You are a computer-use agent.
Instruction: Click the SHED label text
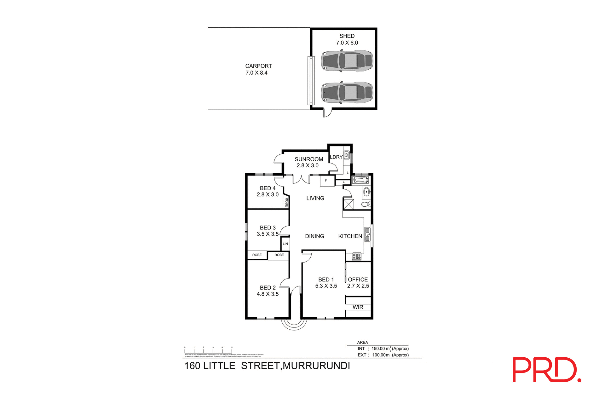click(347, 36)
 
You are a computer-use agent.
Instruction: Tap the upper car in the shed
click(347, 60)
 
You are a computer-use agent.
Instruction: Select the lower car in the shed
click(347, 93)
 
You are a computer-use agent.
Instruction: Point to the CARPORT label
click(258, 66)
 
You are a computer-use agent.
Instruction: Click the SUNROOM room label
click(309, 159)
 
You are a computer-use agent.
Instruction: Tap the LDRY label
click(336, 157)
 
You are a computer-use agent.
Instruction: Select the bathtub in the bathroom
click(360, 181)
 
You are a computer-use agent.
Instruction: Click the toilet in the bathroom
click(366, 205)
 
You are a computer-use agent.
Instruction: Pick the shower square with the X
click(349, 204)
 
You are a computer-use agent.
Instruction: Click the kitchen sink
click(367, 235)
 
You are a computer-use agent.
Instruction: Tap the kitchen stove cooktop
click(357, 256)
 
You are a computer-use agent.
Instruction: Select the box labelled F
click(326, 181)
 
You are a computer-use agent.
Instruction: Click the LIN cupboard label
click(285, 244)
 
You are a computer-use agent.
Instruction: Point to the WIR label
click(358, 307)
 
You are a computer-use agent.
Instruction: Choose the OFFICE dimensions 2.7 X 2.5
click(358, 286)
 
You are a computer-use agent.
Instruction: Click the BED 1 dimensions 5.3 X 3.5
click(326, 286)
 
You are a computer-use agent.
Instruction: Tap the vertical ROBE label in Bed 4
click(286, 202)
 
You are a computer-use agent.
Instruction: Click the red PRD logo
click(546, 370)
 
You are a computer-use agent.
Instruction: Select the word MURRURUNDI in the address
click(316, 366)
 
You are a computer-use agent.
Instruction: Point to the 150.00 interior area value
click(378, 349)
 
